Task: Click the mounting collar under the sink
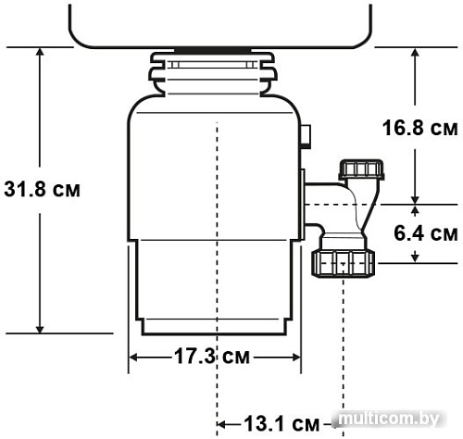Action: (215, 71)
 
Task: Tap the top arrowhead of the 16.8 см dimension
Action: (417, 53)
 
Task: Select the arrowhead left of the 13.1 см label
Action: (223, 424)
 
